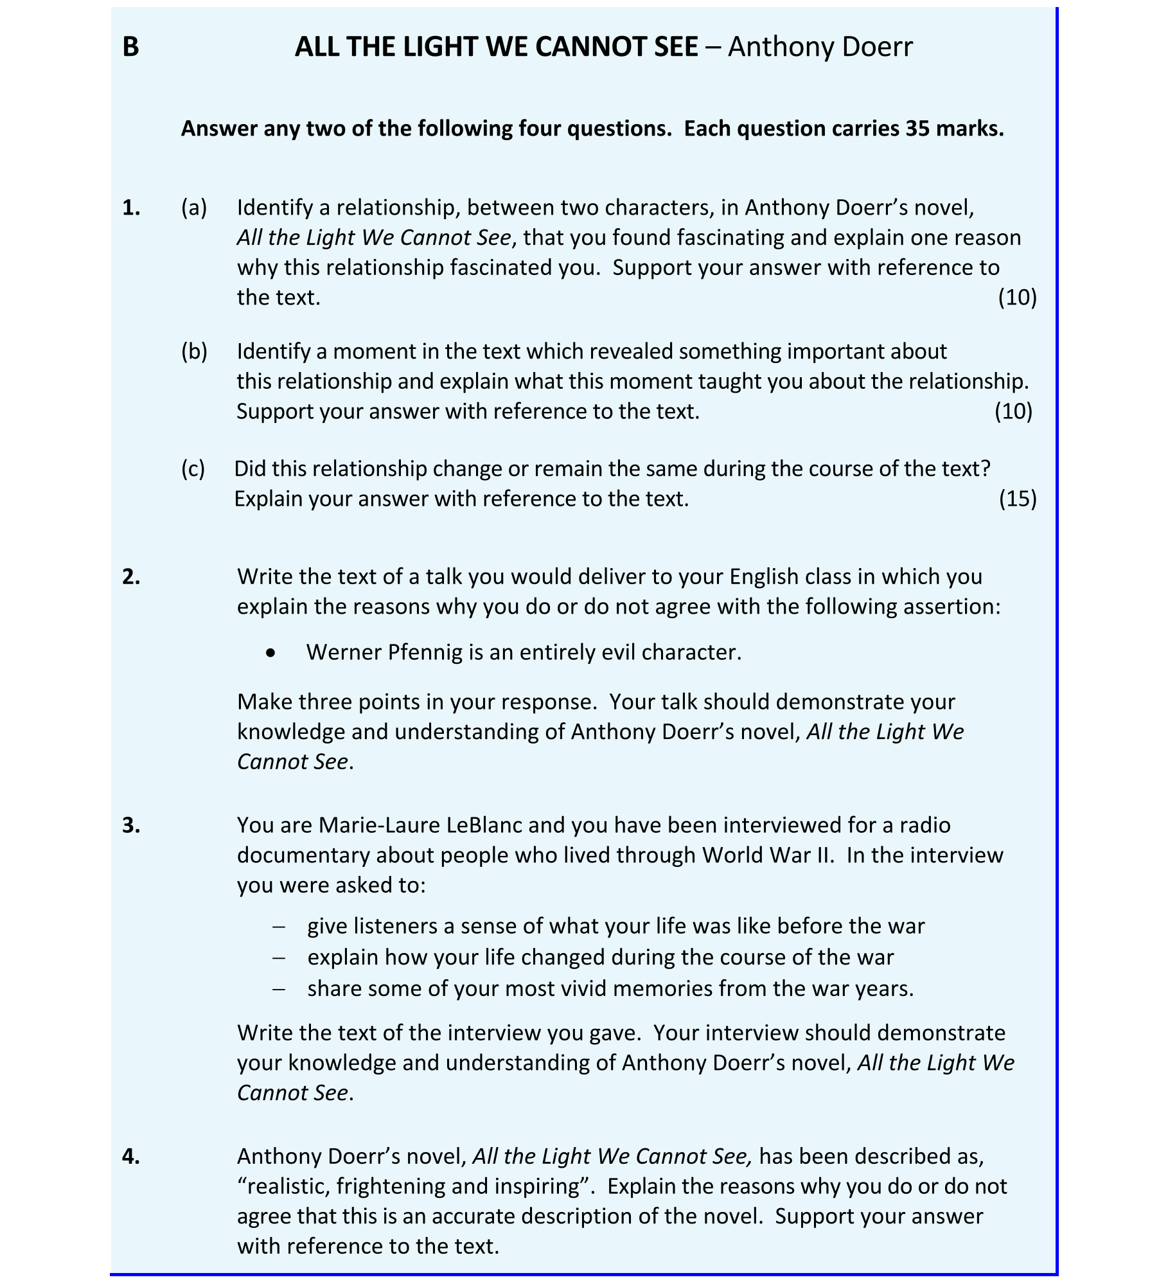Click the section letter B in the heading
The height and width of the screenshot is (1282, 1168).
click(x=130, y=47)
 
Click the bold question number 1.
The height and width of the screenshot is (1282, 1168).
click(x=131, y=208)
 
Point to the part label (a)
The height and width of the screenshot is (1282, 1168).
click(x=194, y=208)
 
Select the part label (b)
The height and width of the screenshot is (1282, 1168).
click(x=194, y=352)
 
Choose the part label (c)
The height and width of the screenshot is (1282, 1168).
click(x=193, y=469)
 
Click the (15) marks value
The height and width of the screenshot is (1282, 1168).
click(x=1018, y=499)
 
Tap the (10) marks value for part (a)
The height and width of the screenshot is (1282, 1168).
click(x=1018, y=298)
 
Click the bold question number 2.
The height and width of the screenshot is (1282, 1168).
click(x=131, y=577)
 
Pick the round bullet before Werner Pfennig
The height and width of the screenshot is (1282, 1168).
click(x=271, y=653)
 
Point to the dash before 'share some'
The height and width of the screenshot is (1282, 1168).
click(x=279, y=989)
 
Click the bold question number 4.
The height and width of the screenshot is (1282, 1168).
click(x=131, y=1157)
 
